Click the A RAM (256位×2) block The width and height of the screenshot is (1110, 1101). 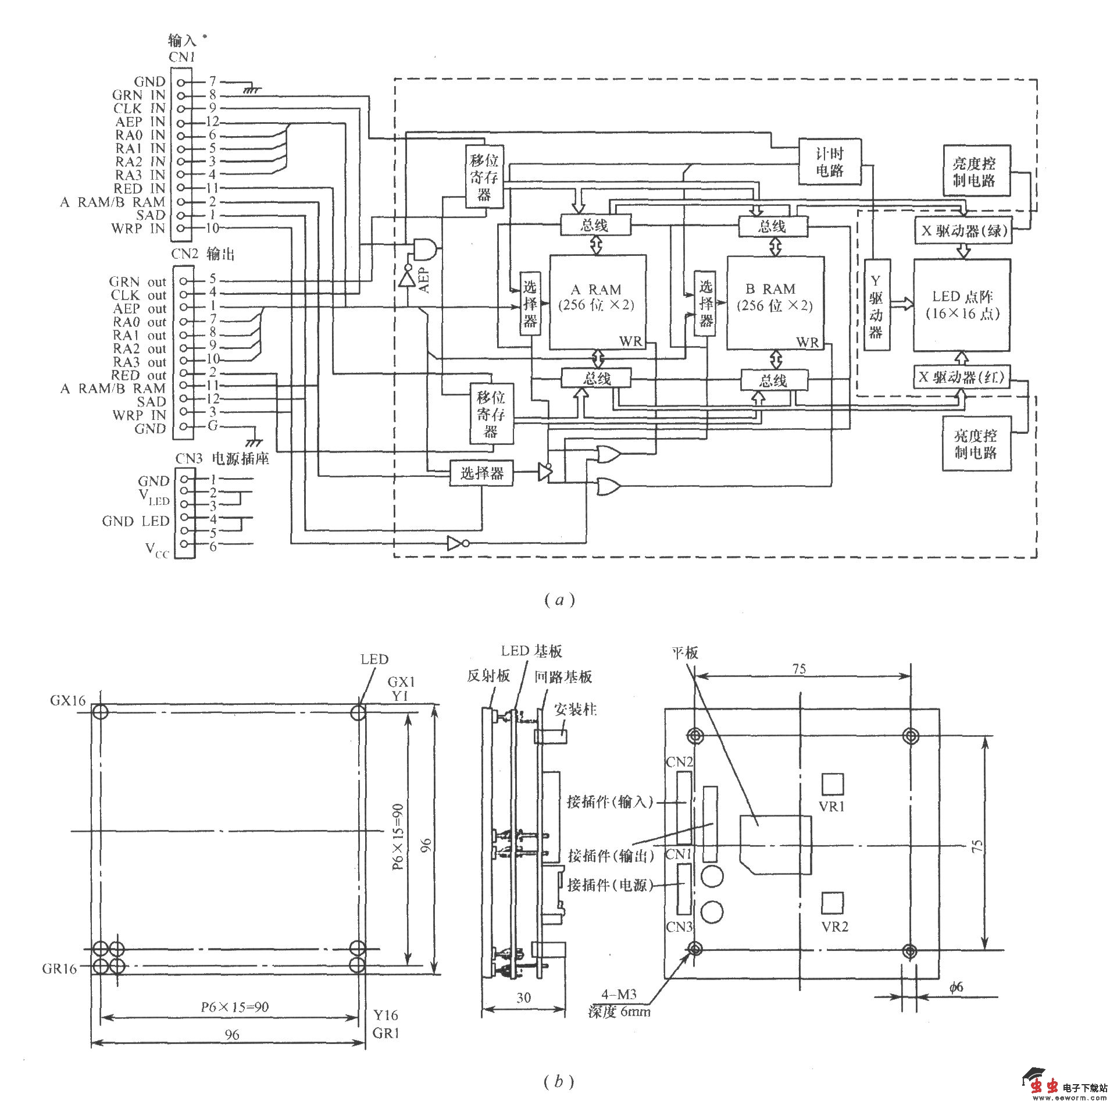pos(597,301)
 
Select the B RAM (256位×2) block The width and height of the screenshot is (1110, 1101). pos(774,301)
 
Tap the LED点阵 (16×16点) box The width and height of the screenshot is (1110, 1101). pos(962,305)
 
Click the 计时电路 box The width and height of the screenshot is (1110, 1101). pos(829,162)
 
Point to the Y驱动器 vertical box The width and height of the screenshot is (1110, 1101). pos(876,305)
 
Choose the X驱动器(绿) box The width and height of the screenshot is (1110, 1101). pos(963,231)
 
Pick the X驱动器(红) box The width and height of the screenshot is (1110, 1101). pos(961,377)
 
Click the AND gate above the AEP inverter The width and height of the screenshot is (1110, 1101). pos(425,248)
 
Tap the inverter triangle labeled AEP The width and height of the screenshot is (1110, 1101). pos(408,279)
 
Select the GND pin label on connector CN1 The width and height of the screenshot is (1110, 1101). pos(149,81)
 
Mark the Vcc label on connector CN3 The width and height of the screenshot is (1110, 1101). pos(156,549)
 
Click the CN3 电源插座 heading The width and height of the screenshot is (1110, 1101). pos(222,458)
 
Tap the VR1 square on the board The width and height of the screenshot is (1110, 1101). pos(832,784)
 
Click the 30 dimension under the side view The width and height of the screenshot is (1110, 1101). pos(523,997)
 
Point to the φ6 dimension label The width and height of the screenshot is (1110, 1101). pos(956,986)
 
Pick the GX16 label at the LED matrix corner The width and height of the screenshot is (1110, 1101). pos(67,700)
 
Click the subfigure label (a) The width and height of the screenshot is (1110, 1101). pos(559,600)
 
